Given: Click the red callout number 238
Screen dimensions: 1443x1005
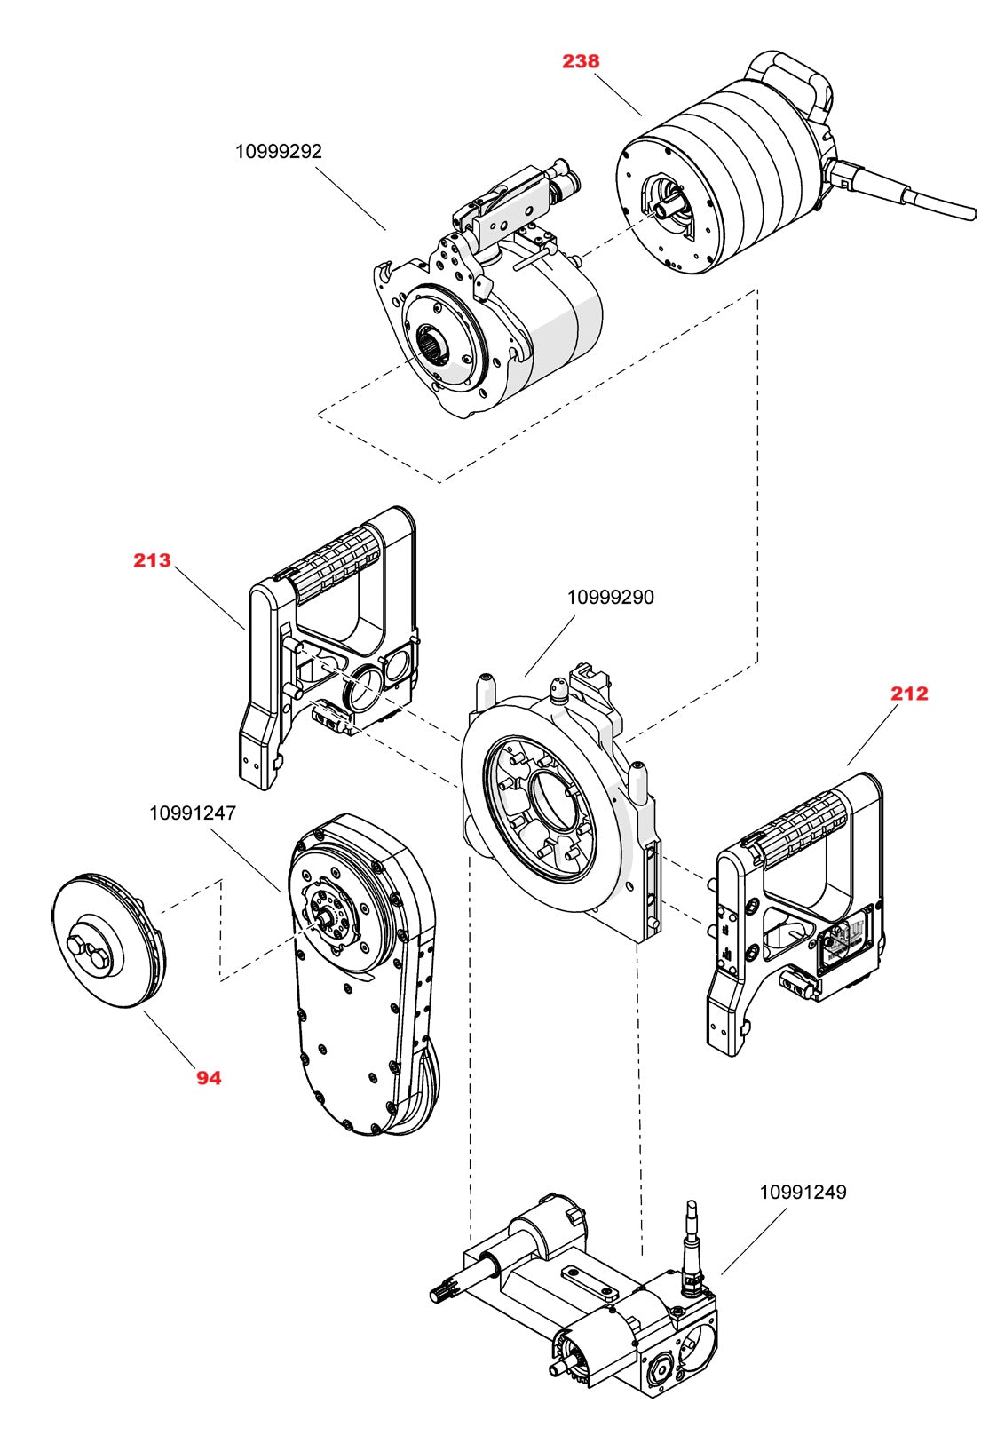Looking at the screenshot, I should [581, 61].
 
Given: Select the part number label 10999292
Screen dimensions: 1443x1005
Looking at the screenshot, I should [278, 151].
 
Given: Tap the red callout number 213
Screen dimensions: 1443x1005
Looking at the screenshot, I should [152, 560].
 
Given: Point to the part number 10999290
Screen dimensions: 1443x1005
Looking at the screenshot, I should [610, 598].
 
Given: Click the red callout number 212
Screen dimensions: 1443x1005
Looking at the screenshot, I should [909, 694].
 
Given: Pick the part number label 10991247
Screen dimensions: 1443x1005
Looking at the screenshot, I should [193, 813].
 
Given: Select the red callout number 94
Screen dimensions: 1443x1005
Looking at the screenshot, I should [209, 1078].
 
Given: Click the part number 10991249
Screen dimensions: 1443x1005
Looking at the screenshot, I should [803, 1193].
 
